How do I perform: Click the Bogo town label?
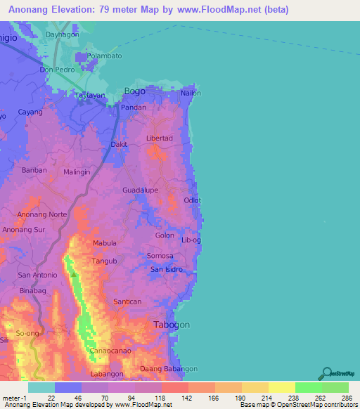[134, 91]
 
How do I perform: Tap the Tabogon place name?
[171, 325]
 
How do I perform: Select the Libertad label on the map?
[159, 138]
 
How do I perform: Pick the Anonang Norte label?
[41, 214]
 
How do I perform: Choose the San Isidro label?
[167, 270]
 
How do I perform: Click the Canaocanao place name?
[109, 351]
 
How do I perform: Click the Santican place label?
[127, 301]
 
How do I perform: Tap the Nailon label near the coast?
[191, 93]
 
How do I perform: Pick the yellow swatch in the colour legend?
[281, 387]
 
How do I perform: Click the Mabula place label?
[105, 244]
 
